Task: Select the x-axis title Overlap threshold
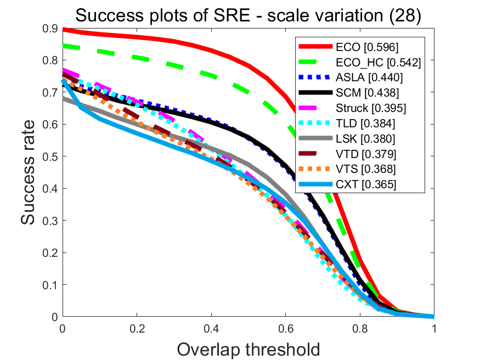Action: pyautogui.click(x=249, y=348)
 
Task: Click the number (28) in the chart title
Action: pyautogui.click(x=403, y=16)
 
